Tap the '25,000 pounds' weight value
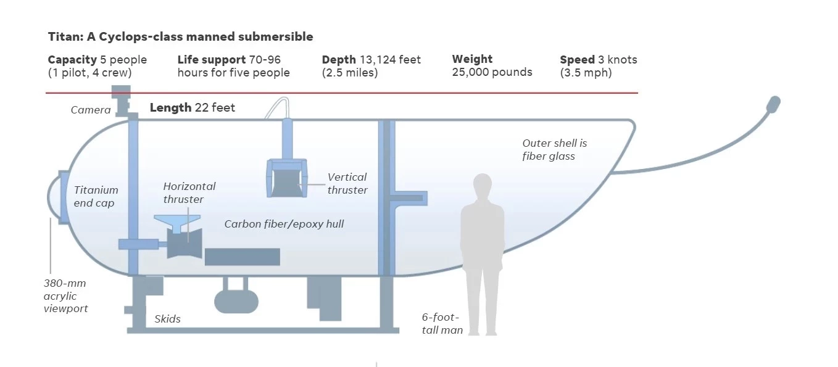tap(492, 72)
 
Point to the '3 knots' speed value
tap(617, 60)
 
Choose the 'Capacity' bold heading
tap(72, 60)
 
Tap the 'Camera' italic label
tap(91, 110)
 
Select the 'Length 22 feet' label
tap(192, 108)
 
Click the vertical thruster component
tap(286, 178)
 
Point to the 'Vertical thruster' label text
tap(347, 184)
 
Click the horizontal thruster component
tap(184, 242)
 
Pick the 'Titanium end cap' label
tap(96, 197)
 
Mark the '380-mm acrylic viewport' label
tap(65, 296)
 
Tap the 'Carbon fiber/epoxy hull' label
tap(284, 224)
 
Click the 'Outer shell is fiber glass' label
tap(554, 150)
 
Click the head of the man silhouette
tap(482, 184)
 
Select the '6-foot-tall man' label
tap(441, 324)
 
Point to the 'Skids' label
tap(167, 319)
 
